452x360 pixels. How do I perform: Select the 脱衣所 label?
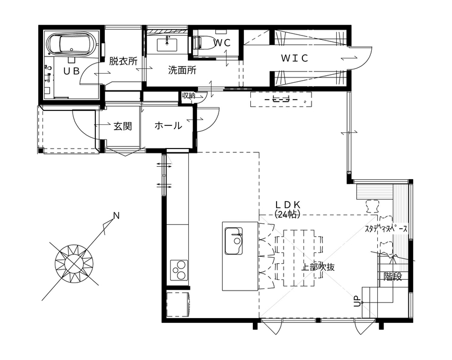pyautogui.click(x=123, y=61)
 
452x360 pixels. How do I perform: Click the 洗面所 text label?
pyautogui.click(x=182, y=69)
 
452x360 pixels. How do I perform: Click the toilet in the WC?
pyautogui.click(x=203, y=43)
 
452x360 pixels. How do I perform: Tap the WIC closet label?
pyautogui.click(x=294, y=58)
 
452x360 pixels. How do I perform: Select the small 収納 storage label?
pyautogui.click(x=188, y=96)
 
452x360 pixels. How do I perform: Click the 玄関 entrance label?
pyautogui.click(x=123, y=126)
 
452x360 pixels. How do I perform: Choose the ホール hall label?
pyautogui.click(x=168, y=126)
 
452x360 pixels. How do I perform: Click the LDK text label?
pyautogui.click(x=291, y=205)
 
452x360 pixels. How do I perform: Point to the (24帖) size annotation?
pyautogui.click(x=287, y=214)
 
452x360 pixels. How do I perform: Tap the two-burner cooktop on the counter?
pyautogui.click(x=179, y=269)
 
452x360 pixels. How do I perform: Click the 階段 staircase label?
pyautogui.click(x=392, y=276)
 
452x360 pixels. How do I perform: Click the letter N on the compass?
pyautogui.click(x=116, y=216)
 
